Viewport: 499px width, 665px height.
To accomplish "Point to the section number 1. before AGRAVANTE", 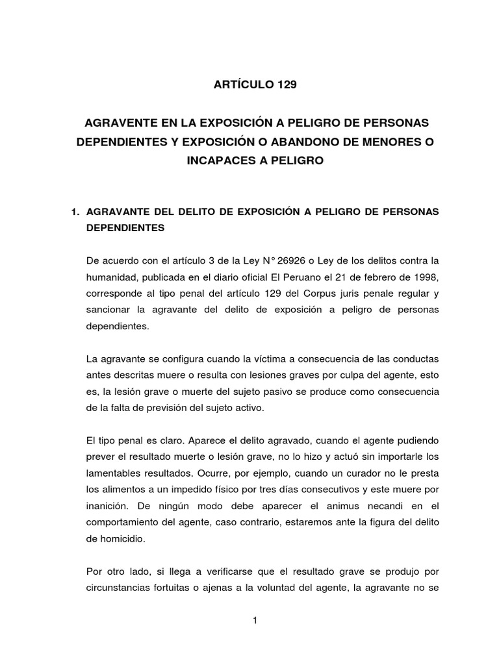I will coord(75,212).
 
